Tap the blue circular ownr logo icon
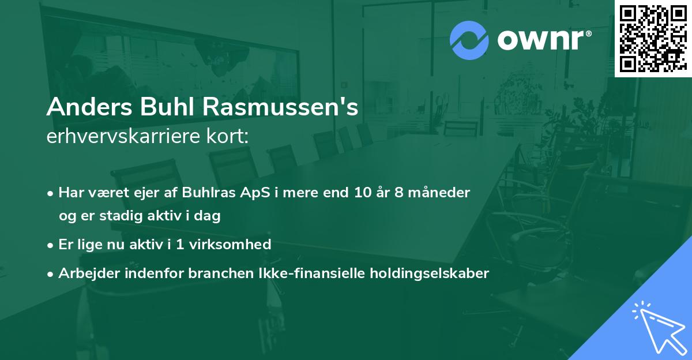pos(469,40)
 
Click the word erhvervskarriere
pos(121,137)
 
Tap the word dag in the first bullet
pos(209,216)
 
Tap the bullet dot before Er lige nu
pos(51,245)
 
